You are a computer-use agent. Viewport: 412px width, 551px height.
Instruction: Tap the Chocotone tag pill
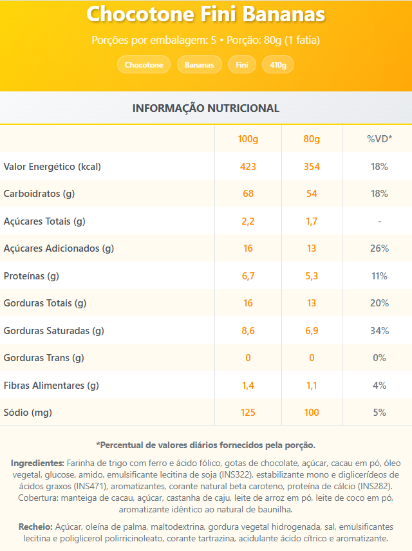pyautogui.click(x=144, y=65)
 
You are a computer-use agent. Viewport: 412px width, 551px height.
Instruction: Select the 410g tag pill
pyautogui.click(x=278, y=65)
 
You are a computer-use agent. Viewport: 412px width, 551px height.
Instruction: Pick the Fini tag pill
pyautogui.click(x=242, y=65)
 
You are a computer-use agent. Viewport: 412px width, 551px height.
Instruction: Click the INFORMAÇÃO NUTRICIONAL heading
pyautogui.click(x=206, y=108)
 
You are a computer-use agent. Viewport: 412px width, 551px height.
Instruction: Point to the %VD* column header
pyautogui.click(x=379, y=139)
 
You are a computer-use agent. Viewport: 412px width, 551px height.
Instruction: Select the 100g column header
pyautogui.click(x=248, y=139)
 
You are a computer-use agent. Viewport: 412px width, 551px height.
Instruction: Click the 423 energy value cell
pyautogui.click(x=248, y=167)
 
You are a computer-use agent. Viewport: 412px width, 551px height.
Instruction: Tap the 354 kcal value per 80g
pyautogui.click(x=312, y=167)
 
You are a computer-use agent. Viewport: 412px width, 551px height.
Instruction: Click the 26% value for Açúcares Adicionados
pyautogui.click(x=379, y=248)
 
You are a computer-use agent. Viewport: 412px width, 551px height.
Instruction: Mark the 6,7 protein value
pyautogui.click(x=248, y=276)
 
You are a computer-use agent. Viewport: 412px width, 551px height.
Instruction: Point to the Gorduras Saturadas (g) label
pyautogui.click(x=54, y=331)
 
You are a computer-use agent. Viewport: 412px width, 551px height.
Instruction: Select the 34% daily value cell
pyautogui.click(x=379, y=331)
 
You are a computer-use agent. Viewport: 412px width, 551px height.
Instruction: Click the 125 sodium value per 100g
pyautogui.click(x=248, y=413)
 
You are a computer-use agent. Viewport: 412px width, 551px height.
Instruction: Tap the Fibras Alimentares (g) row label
pyautogui.click(x=51, y=386)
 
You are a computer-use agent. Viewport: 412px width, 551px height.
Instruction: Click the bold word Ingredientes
pyautogui.click(x=37, y=463)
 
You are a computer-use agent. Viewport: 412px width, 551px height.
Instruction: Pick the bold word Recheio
pyautogui.click(x=35, y=526)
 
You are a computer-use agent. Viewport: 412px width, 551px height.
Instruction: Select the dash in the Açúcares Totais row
pyautogui.click(x=379, y=221)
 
